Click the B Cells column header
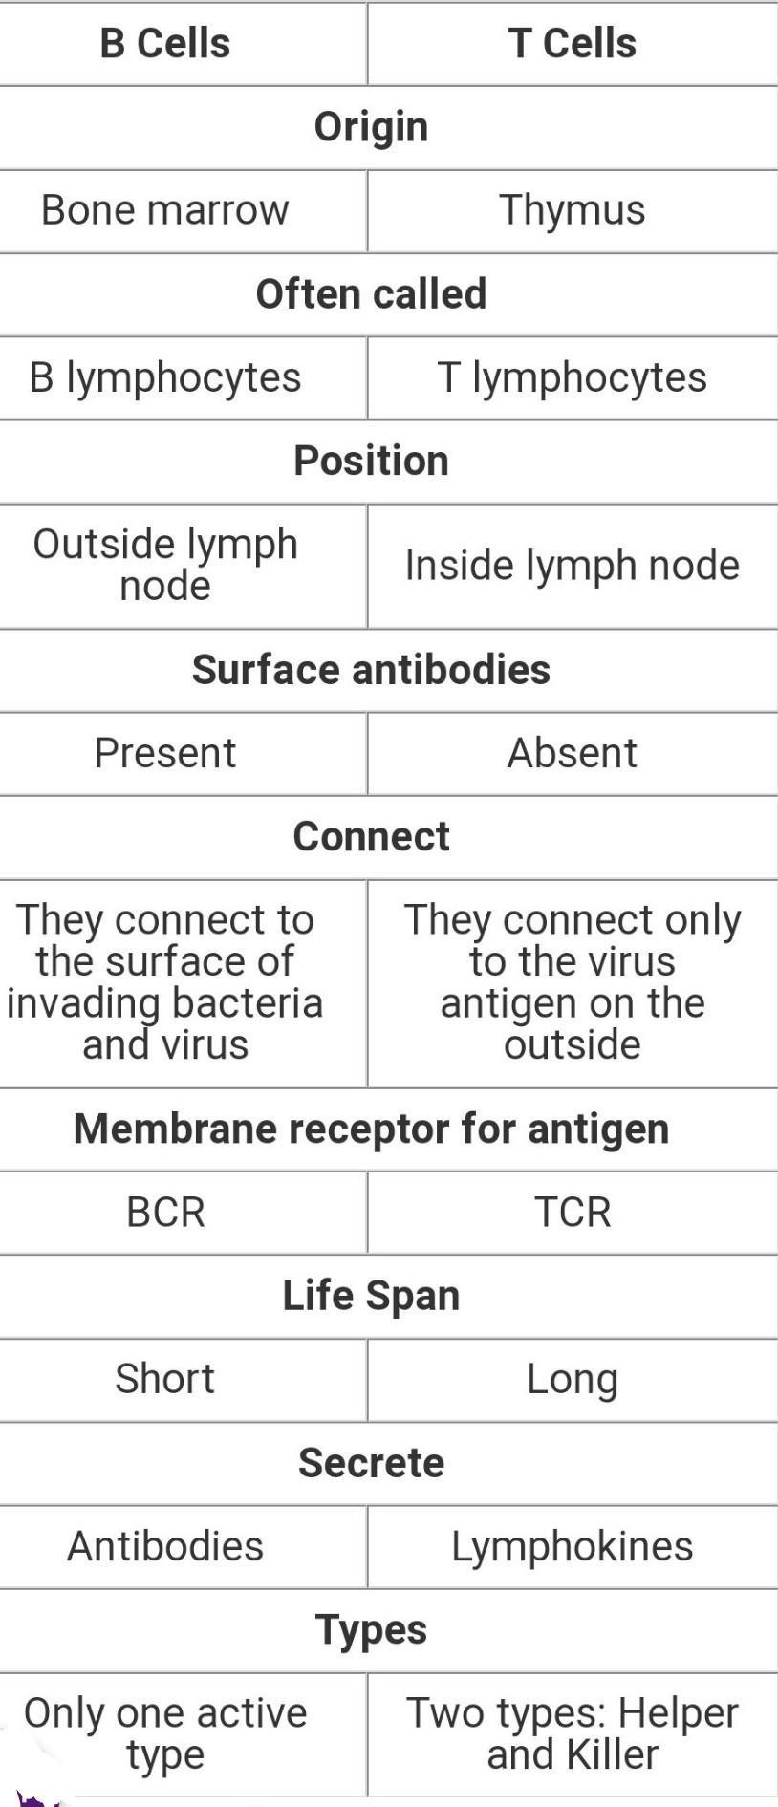pyautogui.click(x=165, y=44)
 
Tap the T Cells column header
pyautogui.click(x=572, y=44)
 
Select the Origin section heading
pyautogui.click(x=371, y=127)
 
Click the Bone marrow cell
pyautogui.click(x=164, y=210)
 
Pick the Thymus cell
pyautogui.click(x=572, y=210)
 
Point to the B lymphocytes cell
pyautogui.click(x=164, y=377)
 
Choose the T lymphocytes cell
pyautogui.click(x=572, y=377)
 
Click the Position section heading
pyautogui.click(x=371, y=461)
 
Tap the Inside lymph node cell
pyautogui.click(x=572, y=565)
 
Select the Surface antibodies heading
pyautogui.click(x=371, y=670)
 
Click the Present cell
pyautogui.click(x=164, y=753)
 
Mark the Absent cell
pyautogui.click(x=572, y=753)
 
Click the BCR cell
pyautogui.click(x=164, y=1213)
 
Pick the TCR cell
pyautogui.click(x=572, y=1213)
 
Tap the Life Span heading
pyautogui.click(x=371, y=1296)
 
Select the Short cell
pyautogui.click(x=164, y=1379)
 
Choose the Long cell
pyautogui.click(x=572, y=1379)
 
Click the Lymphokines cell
pyautogui.click(x=572, y=1546)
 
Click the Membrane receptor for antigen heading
pyautogui.click(x=371, y=1129)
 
